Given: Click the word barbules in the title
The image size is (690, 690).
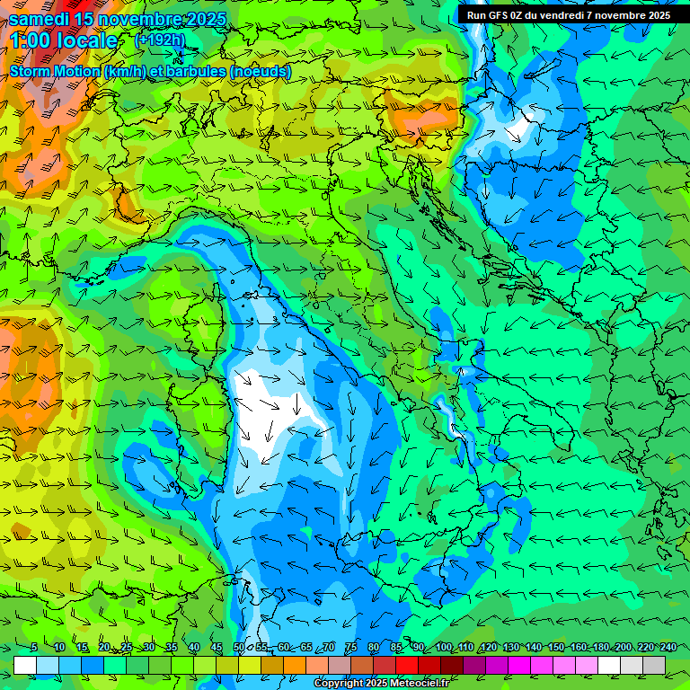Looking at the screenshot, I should (196, 71).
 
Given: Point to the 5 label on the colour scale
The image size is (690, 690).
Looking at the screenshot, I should (34, 648).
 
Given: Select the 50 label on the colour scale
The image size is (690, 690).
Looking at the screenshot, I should (239, 648).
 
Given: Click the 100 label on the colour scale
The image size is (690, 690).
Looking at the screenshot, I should (444, 648).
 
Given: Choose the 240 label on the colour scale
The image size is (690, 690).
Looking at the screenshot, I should (668, 648).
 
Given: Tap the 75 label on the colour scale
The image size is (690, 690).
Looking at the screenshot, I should (351, 648).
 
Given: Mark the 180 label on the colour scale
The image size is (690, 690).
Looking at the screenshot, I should (600, 648).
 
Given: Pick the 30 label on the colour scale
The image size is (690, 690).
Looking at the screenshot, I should (148, 648).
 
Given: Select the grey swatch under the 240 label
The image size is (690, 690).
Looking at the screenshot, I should (654, 665).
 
